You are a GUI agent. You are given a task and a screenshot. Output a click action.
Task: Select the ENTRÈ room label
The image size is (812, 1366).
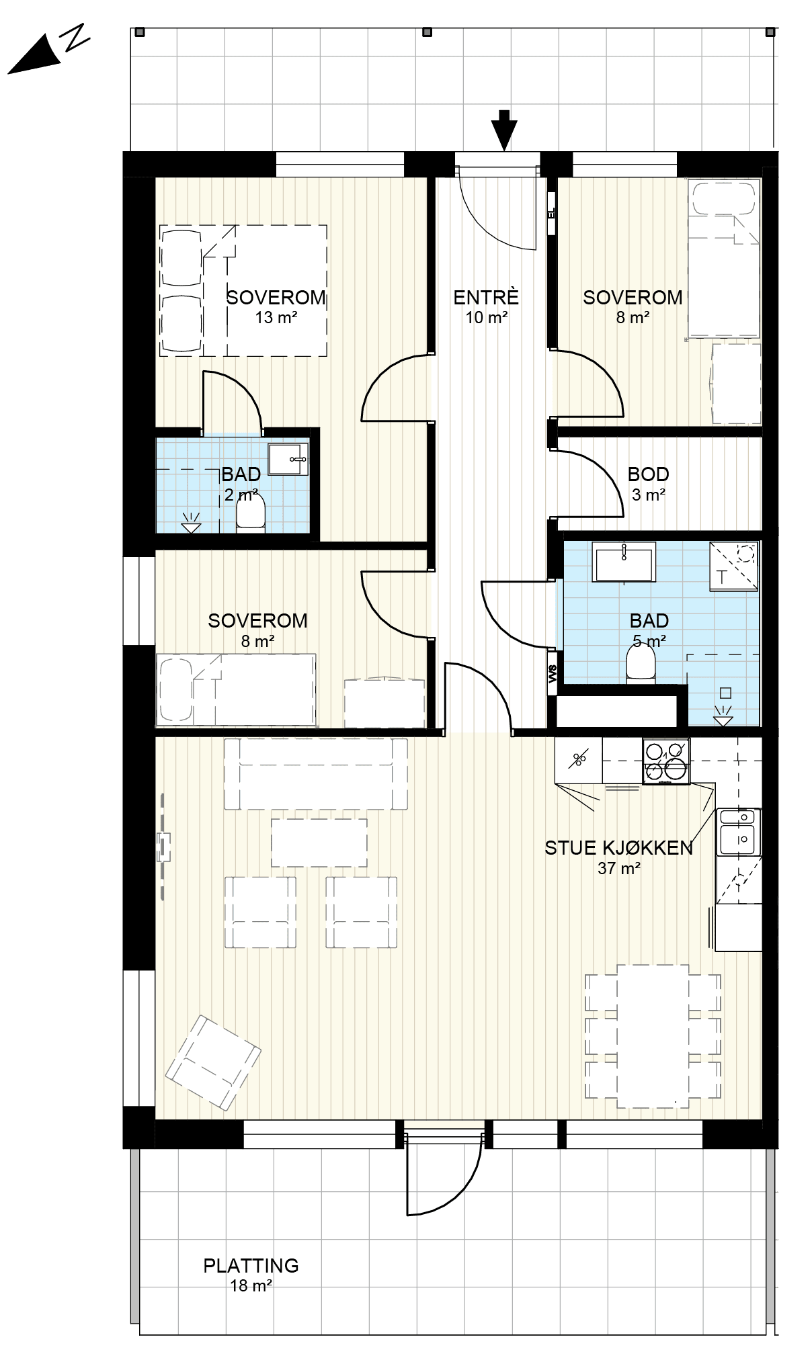coord(486,297)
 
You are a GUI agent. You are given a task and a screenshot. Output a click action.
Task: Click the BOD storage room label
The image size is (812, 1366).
coord(648,474)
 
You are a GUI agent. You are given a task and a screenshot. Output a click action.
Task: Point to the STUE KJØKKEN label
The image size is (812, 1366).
coord(618,848)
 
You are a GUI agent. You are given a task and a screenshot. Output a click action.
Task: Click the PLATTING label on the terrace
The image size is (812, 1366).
coord(251,1266)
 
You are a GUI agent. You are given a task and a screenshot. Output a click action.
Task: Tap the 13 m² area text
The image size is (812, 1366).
coord(276,317)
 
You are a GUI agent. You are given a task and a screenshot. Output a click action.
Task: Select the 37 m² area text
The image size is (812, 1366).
coord(618,868)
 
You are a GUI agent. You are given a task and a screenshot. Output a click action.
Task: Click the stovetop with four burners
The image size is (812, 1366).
coord(666,761)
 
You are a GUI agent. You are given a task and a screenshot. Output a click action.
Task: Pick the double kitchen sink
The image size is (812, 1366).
coord(739,831)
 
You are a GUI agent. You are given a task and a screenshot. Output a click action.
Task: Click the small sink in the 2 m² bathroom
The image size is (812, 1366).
coord(288,460)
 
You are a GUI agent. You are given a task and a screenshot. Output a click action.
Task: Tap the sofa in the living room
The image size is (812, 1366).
coord(316,774)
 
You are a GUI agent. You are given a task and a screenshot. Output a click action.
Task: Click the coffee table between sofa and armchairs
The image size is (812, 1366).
coord(319,843)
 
